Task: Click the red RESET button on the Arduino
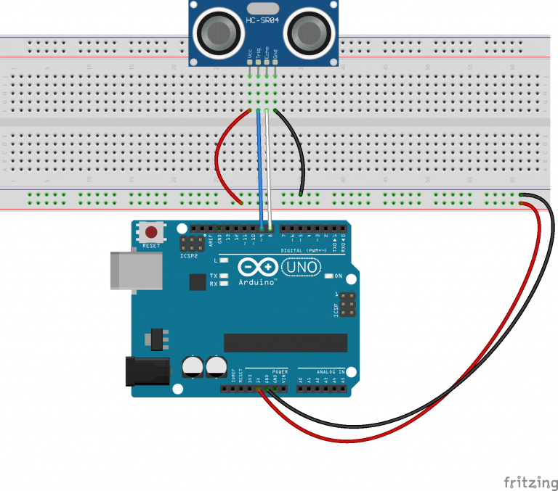(151, 233)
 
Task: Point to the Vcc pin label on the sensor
(250, 54)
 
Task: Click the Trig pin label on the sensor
(259, 54)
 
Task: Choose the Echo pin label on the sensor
(267, 54)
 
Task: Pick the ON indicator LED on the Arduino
(329, 276)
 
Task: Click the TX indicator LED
(224, 276)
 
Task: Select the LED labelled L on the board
(224, 260)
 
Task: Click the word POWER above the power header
(280, 371)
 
